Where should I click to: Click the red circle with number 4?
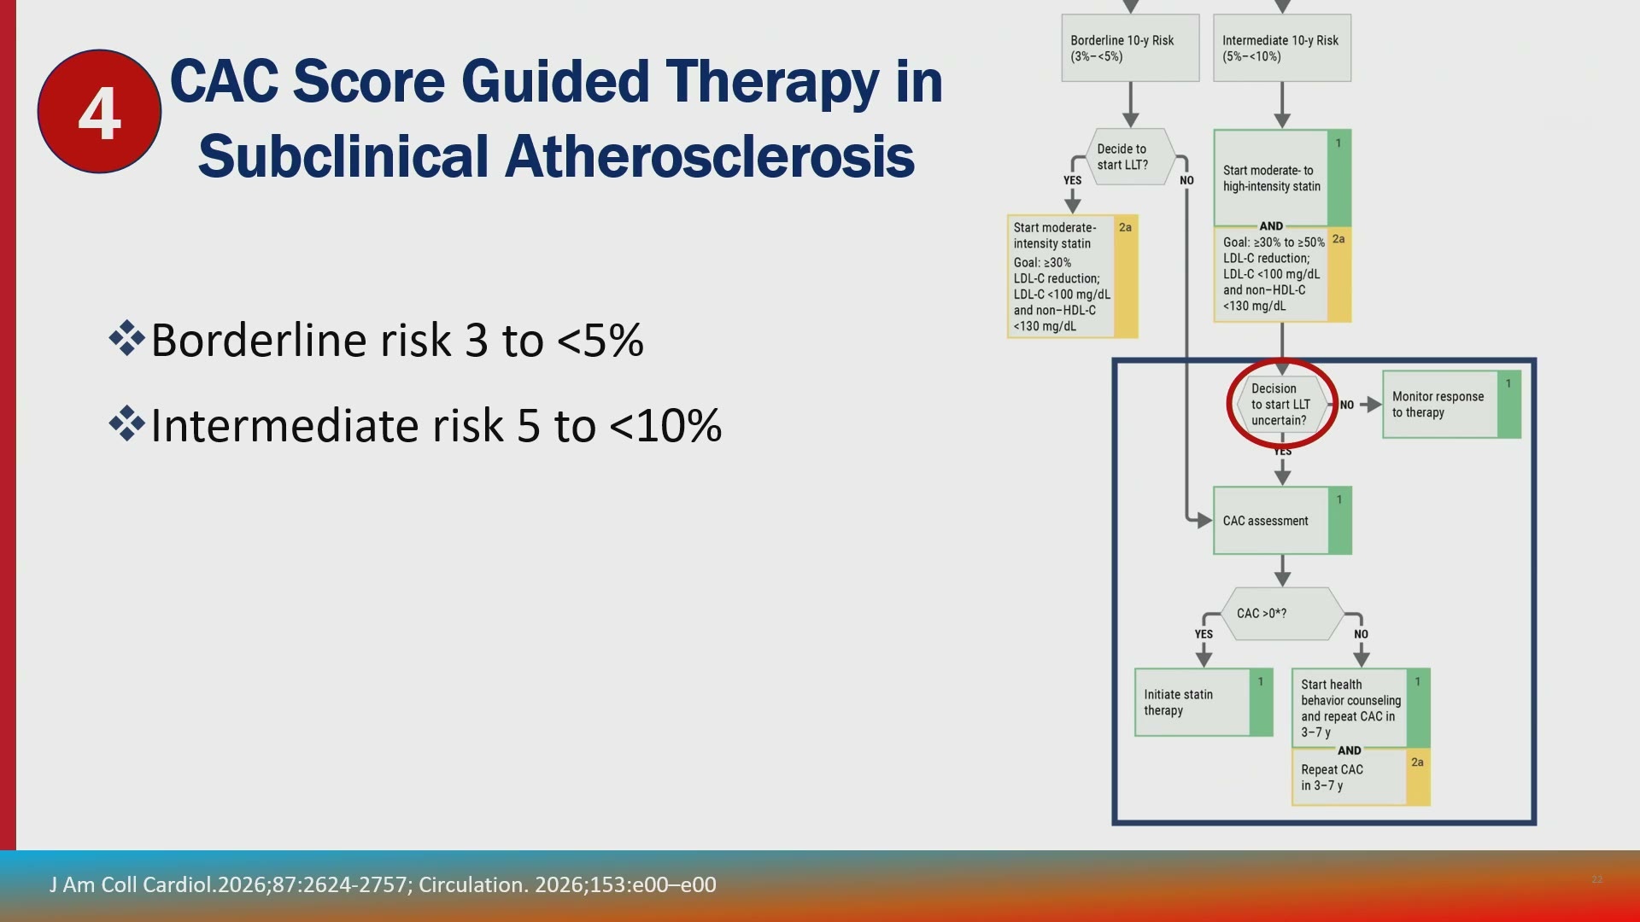(99, 112)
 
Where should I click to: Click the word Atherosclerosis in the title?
(709, 157)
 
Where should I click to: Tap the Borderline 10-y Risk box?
(1130, 48)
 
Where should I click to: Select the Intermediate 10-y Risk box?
(1282, 48)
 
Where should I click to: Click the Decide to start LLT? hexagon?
(1130, 157)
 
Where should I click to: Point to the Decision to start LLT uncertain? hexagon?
(1281, 404)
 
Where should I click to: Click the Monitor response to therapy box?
(1451, 405)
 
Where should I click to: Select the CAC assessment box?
(1282, 521)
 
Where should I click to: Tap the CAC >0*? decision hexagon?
(1282, 613)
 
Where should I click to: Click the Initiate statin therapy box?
(1204, 703)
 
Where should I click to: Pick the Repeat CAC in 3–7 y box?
(1361, 778)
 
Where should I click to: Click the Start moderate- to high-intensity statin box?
(1282, 178)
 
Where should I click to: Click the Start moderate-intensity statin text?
(1055, 236)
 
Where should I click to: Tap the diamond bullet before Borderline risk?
(126, 338)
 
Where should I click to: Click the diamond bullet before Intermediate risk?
(126, 423)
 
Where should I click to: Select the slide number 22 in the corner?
(1597, 879)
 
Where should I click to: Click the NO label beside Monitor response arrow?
(1347, 405)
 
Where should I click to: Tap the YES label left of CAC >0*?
(1204, 634)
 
